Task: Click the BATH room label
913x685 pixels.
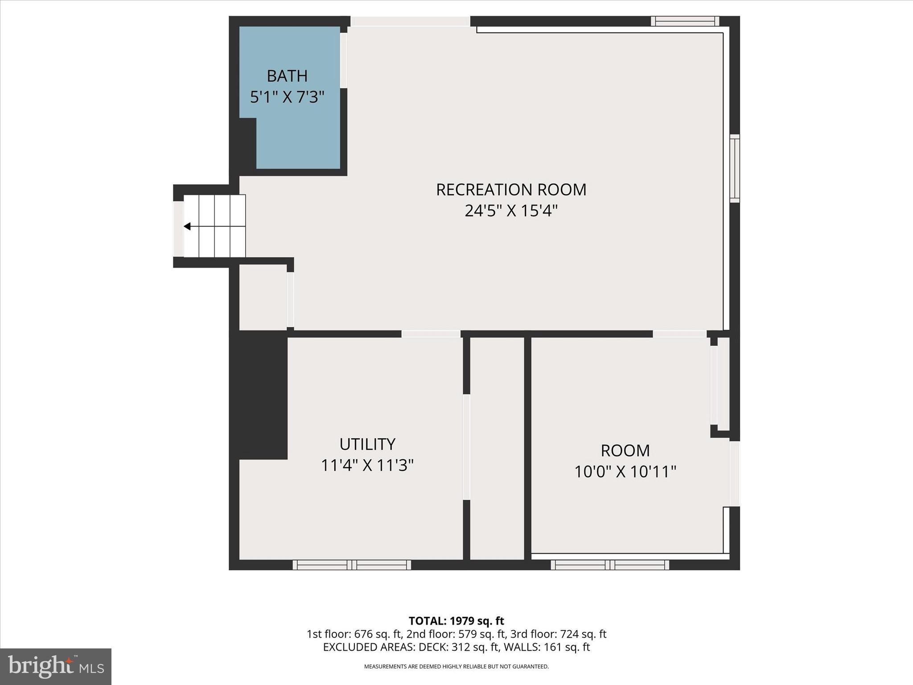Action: pyautogui.click(x=287, y=76)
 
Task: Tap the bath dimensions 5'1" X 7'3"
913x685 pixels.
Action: pyautogui.click(x=287, y=97)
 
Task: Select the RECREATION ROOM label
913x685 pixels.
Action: pyautogui.click(x=511, y=190)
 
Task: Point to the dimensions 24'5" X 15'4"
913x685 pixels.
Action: pyautogui.click(x=511, y=210)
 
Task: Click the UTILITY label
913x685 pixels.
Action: pyautogui.click(x=367, y=444)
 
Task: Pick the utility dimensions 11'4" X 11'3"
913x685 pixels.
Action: pyautogui.click(x=367, y=466)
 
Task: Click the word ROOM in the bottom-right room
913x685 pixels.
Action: pyautogui.click(x=625, y=450)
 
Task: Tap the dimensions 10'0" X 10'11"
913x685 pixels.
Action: pyautogui.click(x=625, y=471)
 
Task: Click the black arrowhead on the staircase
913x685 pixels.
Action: pyautogui.click(x=187, y=227)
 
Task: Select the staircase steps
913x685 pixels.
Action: pyautogui.click(x=215, y=226)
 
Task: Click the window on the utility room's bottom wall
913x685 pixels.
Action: pyautogui.click(x=352, y=565)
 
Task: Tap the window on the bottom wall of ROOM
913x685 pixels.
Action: pyautogui.click(x=609, y=565)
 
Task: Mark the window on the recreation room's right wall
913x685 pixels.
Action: pyautogui.click(x=735, y=169)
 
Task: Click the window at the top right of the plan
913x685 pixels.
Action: pyautogui.click(x=685, y=21)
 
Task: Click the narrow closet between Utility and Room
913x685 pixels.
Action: pyautogui.click(x=497, y=448)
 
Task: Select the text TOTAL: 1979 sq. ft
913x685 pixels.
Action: pyautogui.click(x=456, y=621)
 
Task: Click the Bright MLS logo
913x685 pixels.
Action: pyautogui.click(x=56, y=666)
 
